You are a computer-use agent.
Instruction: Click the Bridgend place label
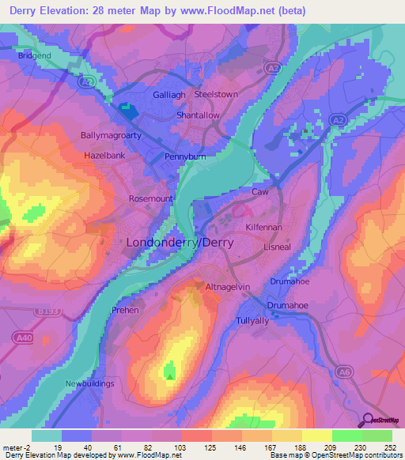(34, 56)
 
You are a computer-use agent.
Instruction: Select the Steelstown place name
(216, 94)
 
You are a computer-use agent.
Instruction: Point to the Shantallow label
(198, 115)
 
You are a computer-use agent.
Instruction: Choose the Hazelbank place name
(105, 156)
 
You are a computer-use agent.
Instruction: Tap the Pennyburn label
(185, 158)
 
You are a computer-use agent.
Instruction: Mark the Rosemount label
(150, 199)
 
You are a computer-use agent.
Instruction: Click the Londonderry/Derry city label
(180, 243)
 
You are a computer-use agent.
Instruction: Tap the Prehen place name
(125, 310)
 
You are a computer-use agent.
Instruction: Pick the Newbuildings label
(90, 383)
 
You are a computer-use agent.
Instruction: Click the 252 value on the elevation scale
(389, 448)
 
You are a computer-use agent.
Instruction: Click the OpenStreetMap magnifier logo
(369, 420)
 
